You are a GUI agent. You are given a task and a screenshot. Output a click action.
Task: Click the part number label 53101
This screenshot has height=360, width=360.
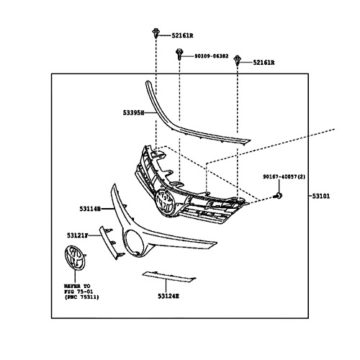[321, 196]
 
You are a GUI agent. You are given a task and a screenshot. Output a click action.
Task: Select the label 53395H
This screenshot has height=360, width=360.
[133, 112]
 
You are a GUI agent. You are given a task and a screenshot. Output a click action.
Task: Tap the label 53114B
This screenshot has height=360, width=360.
[90, 209]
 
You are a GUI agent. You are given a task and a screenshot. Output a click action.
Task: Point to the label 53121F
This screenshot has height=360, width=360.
[78, 235]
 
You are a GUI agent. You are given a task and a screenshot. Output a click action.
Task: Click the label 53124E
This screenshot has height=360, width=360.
[168, 297]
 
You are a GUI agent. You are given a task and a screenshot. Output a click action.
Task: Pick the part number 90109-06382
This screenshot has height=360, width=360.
[212, 56]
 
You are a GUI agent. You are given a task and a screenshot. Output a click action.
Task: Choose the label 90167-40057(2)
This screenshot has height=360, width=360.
[284, 176]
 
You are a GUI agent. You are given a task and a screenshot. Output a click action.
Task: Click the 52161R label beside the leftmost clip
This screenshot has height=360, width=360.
[182, 36]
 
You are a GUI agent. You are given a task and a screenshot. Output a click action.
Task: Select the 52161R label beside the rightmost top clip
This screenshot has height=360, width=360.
[264, 63]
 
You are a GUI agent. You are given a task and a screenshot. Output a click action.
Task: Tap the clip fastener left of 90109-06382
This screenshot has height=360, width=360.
[179, 54]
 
